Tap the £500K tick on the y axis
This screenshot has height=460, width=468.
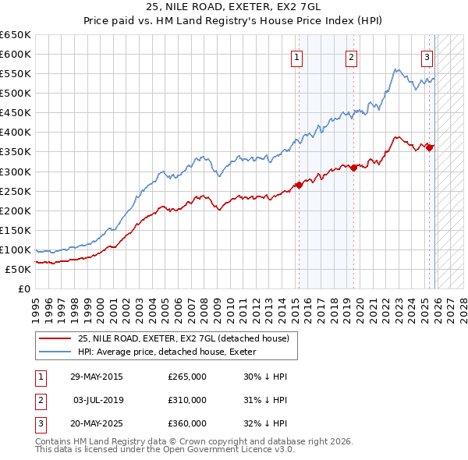click(16, 94)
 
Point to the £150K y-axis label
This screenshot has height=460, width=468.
click(16, 230)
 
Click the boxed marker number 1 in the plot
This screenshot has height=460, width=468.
click(298, 56)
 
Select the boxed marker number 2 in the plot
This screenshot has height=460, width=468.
click(352, 56)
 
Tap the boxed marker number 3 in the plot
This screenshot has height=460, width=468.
click(427, 56)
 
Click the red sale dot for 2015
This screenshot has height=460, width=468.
click(299, 185)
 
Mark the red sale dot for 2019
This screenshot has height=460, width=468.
click(353, 167)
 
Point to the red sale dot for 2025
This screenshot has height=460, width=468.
click(430, 147)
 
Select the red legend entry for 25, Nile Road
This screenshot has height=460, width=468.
click(183, 338)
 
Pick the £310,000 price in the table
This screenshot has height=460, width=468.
click(187, 400)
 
